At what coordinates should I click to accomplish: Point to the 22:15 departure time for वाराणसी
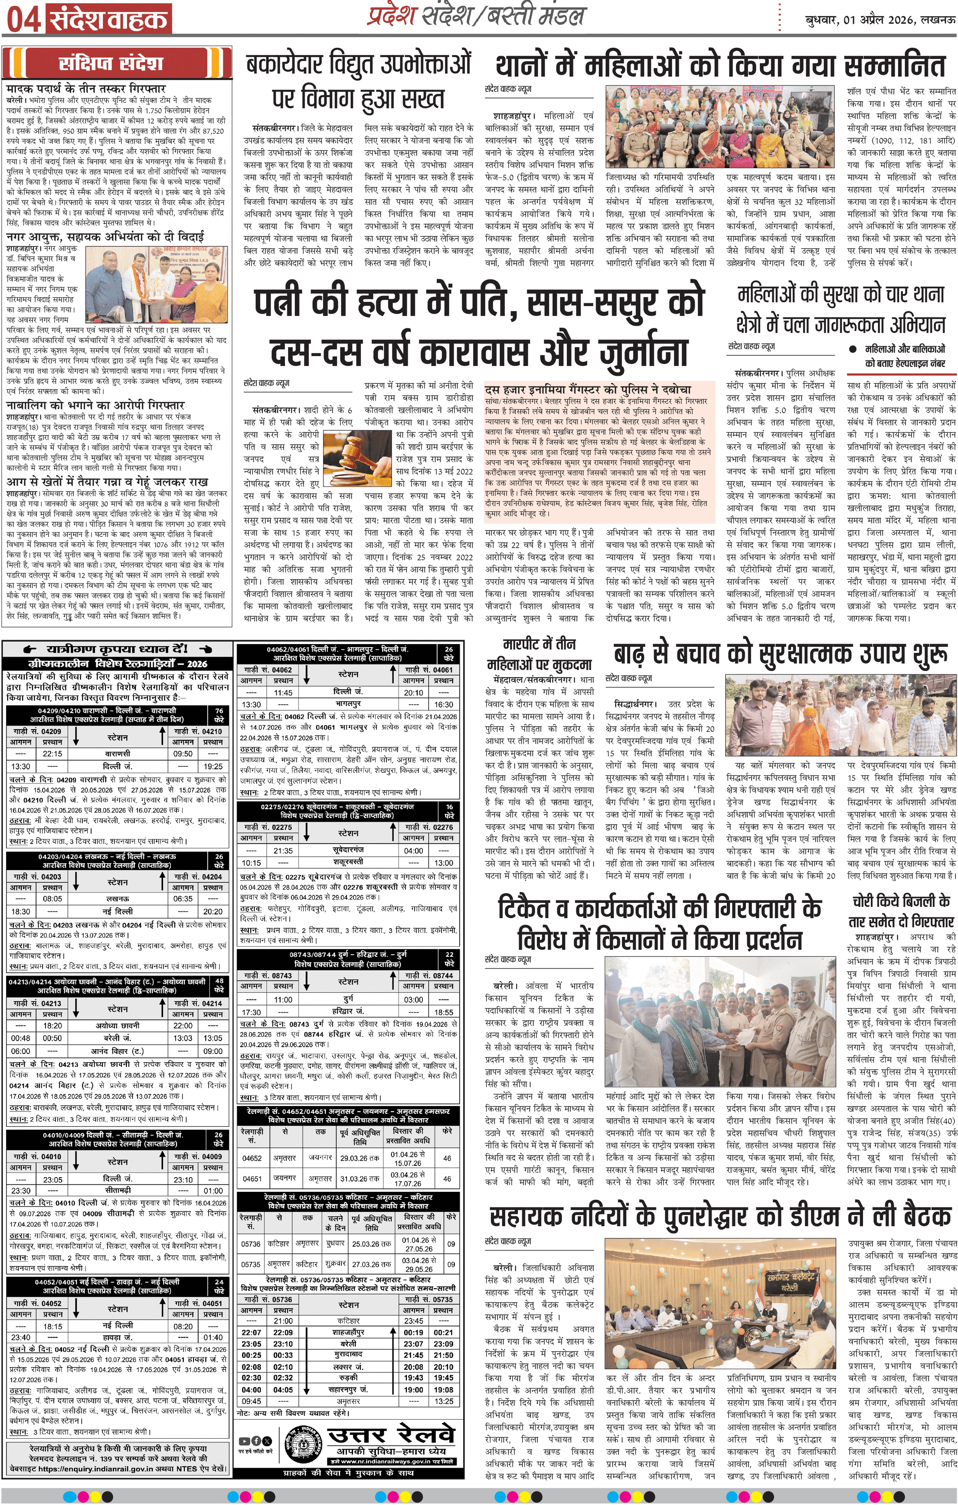click(52, 754)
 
